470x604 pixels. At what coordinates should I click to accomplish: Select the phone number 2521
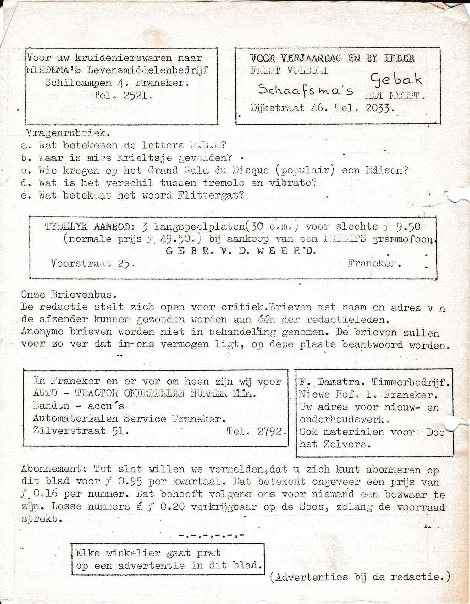pos(135,95)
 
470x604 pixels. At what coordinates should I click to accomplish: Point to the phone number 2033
pos(380,108)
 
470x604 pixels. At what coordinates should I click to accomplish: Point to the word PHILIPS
pos(345,239)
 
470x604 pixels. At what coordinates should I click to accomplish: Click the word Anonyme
pos(42,332)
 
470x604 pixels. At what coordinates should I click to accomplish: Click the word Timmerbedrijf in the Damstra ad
pos(411,382)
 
